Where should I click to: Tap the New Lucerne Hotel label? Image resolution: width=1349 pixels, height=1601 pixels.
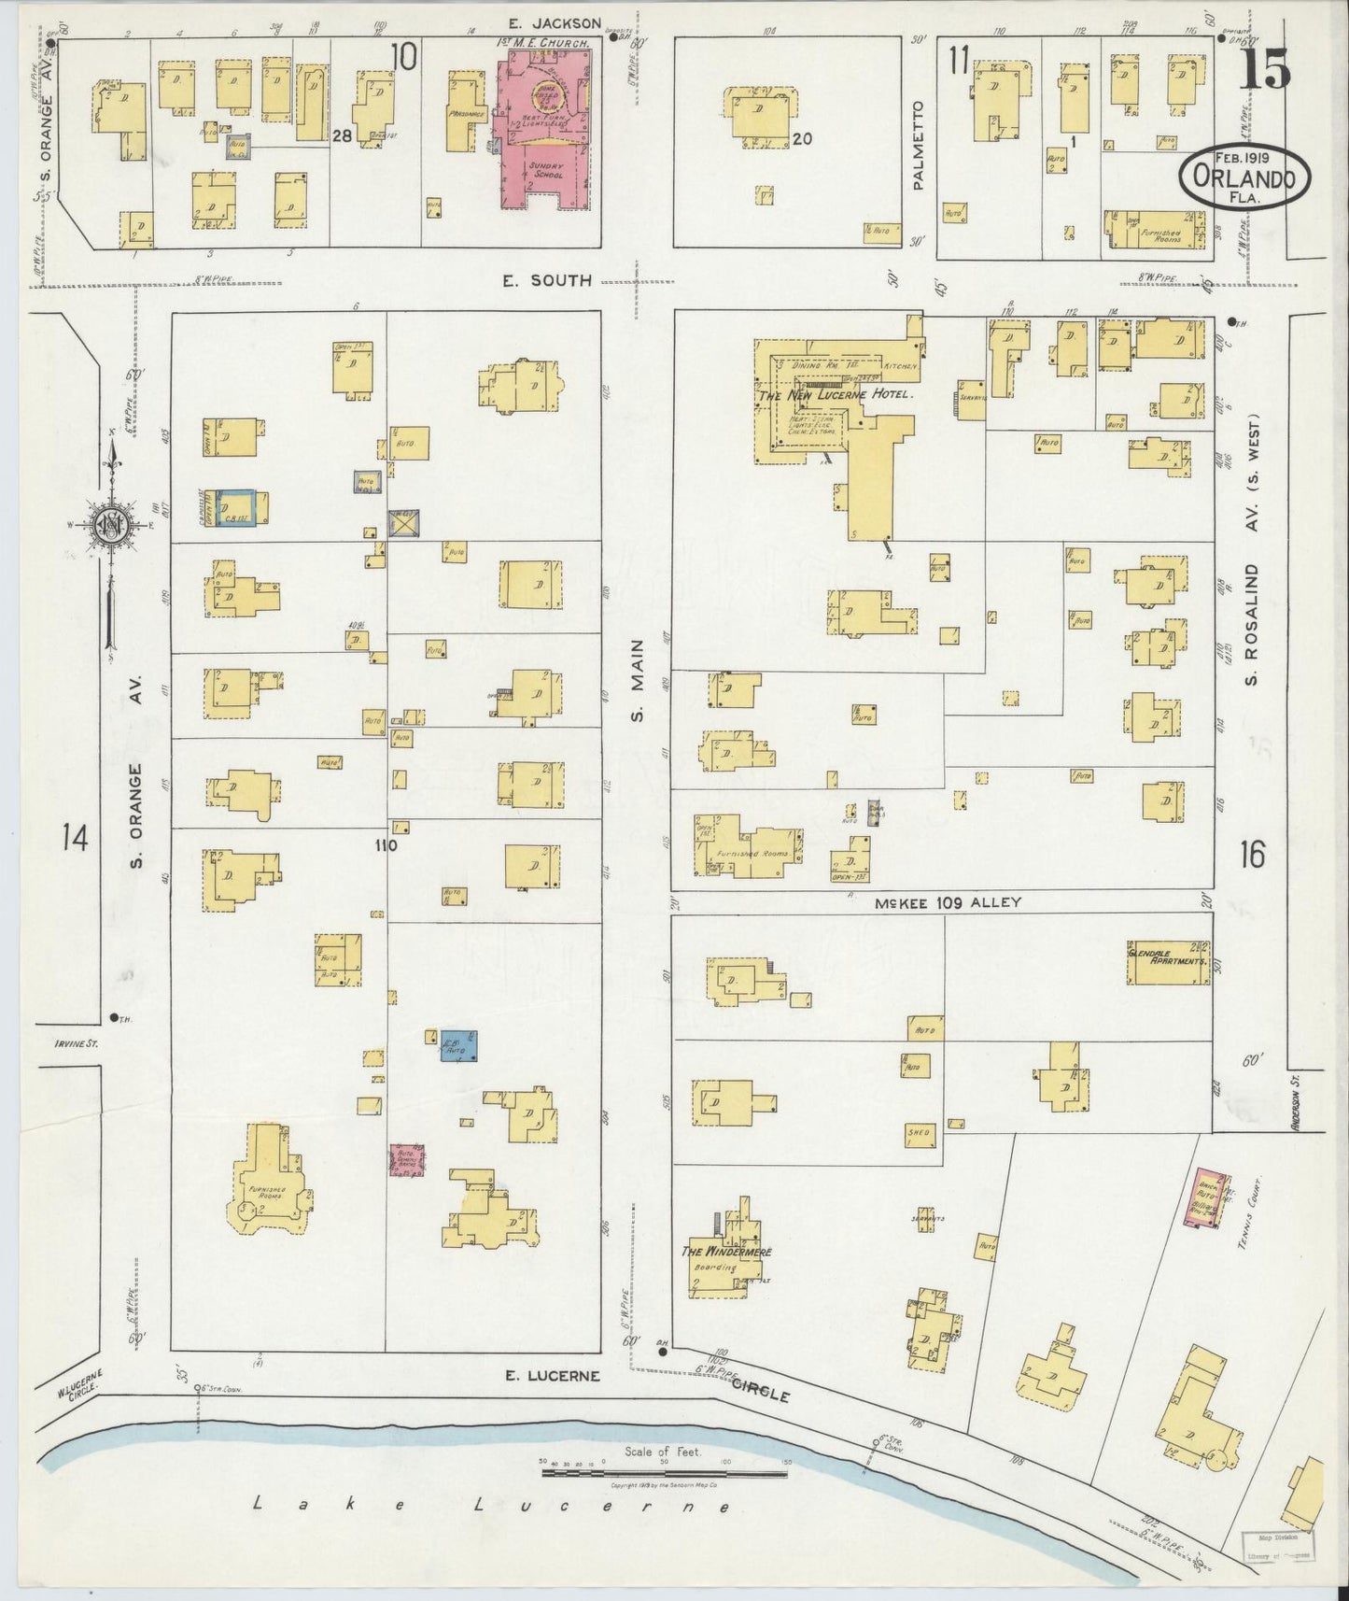[x=834, y=395]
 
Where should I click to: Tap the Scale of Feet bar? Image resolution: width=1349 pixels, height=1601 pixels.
[x=665, y=1473]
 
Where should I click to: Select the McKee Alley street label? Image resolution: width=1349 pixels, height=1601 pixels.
[x=948, y=903]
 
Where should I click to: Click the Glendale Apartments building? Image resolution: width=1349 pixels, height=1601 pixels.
[x=1168, y=962]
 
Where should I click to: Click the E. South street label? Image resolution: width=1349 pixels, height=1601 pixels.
[x=547, y=279]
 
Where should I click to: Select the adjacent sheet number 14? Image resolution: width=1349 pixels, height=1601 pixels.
[x=75, y=838]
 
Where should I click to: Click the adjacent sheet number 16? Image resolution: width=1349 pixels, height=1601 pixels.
[x=1252, y=853]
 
